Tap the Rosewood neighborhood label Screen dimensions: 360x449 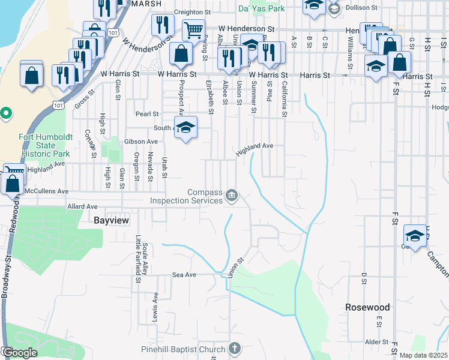(x=367, y=307)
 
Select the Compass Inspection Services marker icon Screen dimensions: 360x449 (x=232, y=196)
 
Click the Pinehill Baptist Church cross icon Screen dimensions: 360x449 (x=235, y=349)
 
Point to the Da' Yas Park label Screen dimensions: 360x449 (x=261, y=9)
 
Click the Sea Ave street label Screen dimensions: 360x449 (x=184, y=274)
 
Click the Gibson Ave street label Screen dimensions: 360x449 (x=141, y=142)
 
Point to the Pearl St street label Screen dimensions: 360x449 (x=147, y=113)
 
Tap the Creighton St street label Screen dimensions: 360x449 (x=193, y=12)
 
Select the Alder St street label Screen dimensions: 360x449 (x=378, y=342)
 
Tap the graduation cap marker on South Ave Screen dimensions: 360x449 (x=187, y=127)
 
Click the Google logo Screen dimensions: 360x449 (x=20, y=353)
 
